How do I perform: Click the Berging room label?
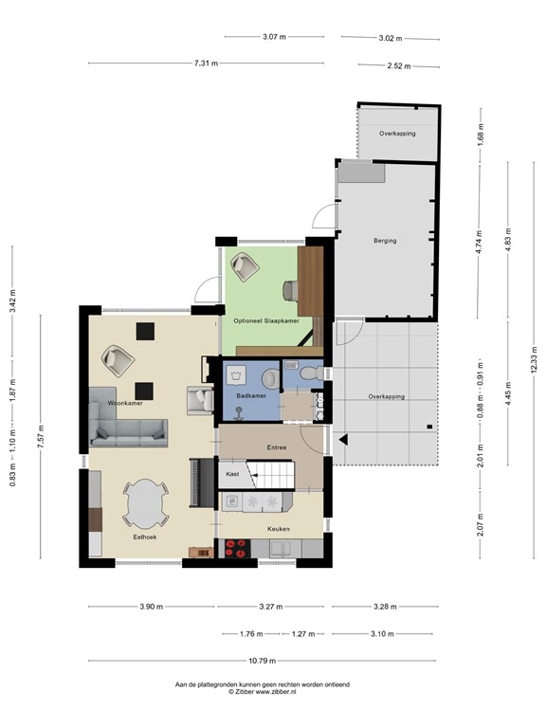click(x=385, y=241)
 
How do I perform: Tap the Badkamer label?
click(x=251, y=396)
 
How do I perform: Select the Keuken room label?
click(x=279, y=529)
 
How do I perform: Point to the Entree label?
click(x=277, y=447)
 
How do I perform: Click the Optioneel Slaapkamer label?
click(x=266, y=320)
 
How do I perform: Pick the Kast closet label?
click(x=232, y=474)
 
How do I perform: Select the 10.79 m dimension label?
click(x=262, y=661)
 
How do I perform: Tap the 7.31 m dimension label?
click(x=206, y=64)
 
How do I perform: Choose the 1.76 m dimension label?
click(x=251, y=634)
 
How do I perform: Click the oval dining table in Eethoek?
click(x=146, y=503)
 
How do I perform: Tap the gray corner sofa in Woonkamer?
click(x=128, y=417)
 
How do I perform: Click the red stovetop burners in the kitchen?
click(x=237, y=548)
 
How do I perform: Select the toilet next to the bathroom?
click(x=309, y=373)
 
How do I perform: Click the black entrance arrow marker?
click(x=343, y=440)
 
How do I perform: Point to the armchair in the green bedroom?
click(x=245, y=266)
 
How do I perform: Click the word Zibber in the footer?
click(x=244, y=691)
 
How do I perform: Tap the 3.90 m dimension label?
click(x=152, y=607)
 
